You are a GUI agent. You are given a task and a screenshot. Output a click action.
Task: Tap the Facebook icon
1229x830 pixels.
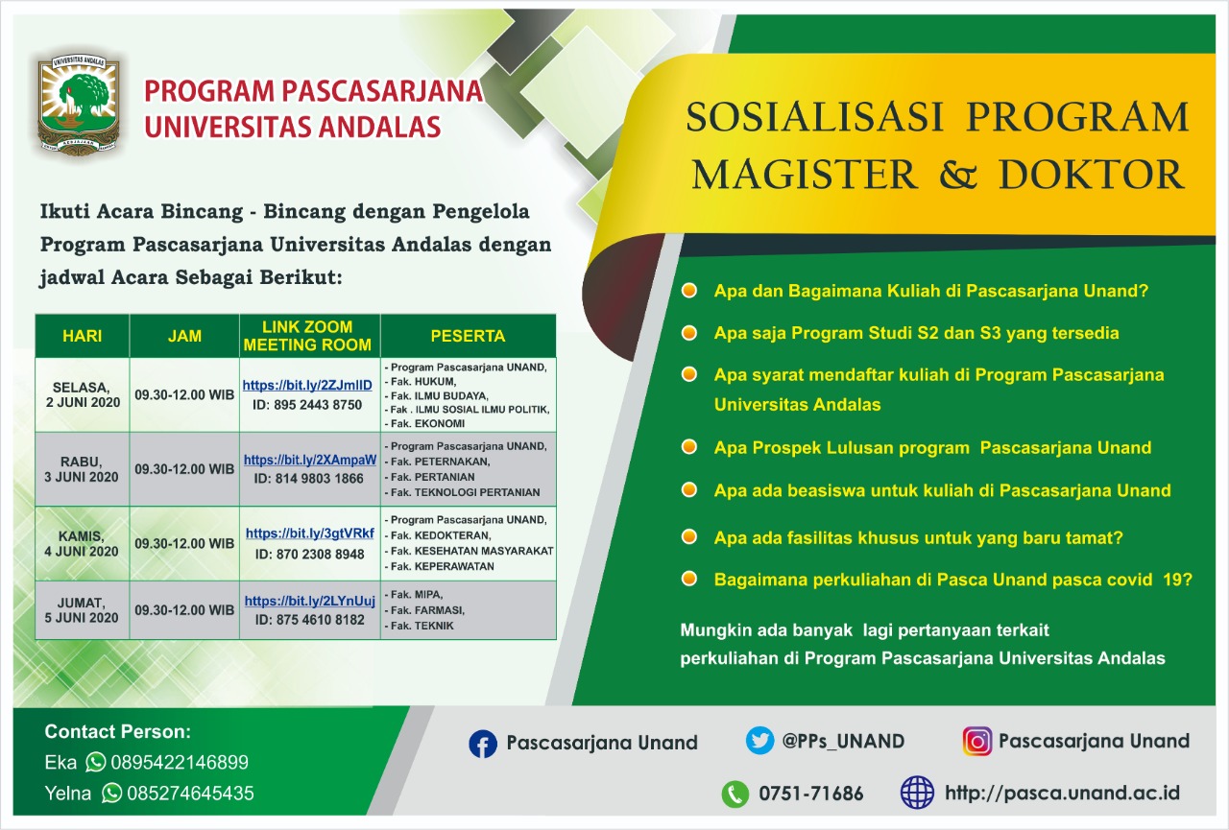[483, 744]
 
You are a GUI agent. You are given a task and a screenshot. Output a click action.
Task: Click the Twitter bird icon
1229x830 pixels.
[759, 741]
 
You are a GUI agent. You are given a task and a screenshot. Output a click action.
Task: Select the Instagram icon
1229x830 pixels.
[977, 741]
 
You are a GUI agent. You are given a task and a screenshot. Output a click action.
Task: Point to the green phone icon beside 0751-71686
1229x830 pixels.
[735, 794]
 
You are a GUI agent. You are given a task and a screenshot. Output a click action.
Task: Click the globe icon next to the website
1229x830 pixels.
[917, 793]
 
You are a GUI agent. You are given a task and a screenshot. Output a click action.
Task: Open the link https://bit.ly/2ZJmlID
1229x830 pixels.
[307, 386]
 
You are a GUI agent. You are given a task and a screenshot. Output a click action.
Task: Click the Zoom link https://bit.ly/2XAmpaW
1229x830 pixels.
[310, 460]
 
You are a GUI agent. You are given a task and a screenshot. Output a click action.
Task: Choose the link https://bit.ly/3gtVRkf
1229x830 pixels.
[310, 534]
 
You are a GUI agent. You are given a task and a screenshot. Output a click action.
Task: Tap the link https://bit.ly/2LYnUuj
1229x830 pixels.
[310, 601]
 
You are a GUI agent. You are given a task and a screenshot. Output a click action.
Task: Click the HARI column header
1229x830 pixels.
[83, 336]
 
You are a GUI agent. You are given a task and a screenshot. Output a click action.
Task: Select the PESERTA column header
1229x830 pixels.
[468, 336]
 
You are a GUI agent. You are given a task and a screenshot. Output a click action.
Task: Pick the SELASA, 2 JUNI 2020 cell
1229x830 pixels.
[83, 394]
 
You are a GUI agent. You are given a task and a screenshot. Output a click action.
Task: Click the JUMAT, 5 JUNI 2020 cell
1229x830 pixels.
[83, 610]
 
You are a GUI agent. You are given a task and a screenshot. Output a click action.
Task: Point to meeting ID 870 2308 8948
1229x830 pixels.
[309, 555]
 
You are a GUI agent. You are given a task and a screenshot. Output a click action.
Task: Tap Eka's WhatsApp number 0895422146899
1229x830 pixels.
[180, 762]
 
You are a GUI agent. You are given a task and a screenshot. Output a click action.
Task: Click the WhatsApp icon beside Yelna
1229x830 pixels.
[112, 793]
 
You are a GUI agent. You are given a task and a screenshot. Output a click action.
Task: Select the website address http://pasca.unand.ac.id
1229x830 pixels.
[1062, 794]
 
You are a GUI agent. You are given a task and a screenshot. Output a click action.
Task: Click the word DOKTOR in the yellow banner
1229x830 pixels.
[1092, 175]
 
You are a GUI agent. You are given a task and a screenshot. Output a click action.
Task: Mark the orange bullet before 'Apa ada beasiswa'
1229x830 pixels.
[689, 489]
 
